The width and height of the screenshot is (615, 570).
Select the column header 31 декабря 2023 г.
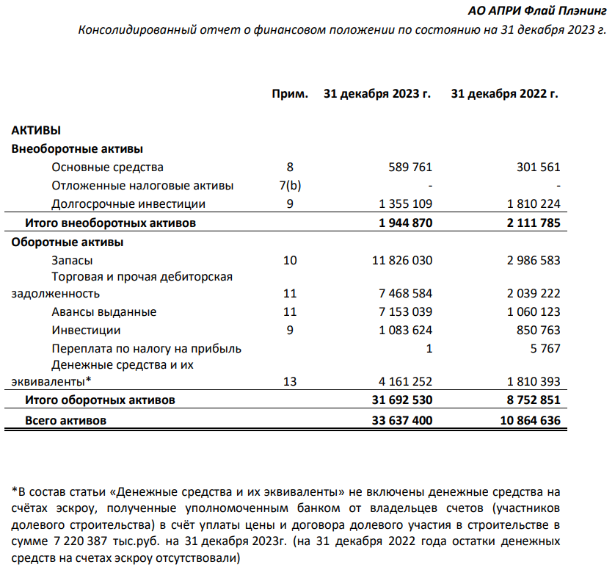coord(376,95)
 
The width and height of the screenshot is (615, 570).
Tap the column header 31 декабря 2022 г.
coord(504,95)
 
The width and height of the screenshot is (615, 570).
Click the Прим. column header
coord(290,95)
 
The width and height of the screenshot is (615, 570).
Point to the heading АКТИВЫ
coord(36,130)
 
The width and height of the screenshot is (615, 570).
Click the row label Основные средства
coord(107,167)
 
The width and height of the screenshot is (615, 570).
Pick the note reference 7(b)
coord(290,185)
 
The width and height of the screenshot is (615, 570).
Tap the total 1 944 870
coord(402,222)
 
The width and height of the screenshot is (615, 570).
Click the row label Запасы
coord(72,259)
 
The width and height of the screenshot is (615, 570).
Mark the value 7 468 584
coord(403,293)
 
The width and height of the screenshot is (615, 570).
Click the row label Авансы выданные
coord(103,311)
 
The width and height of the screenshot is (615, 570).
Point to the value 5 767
coord(547,348)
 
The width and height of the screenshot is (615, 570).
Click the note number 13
coord(290,381)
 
